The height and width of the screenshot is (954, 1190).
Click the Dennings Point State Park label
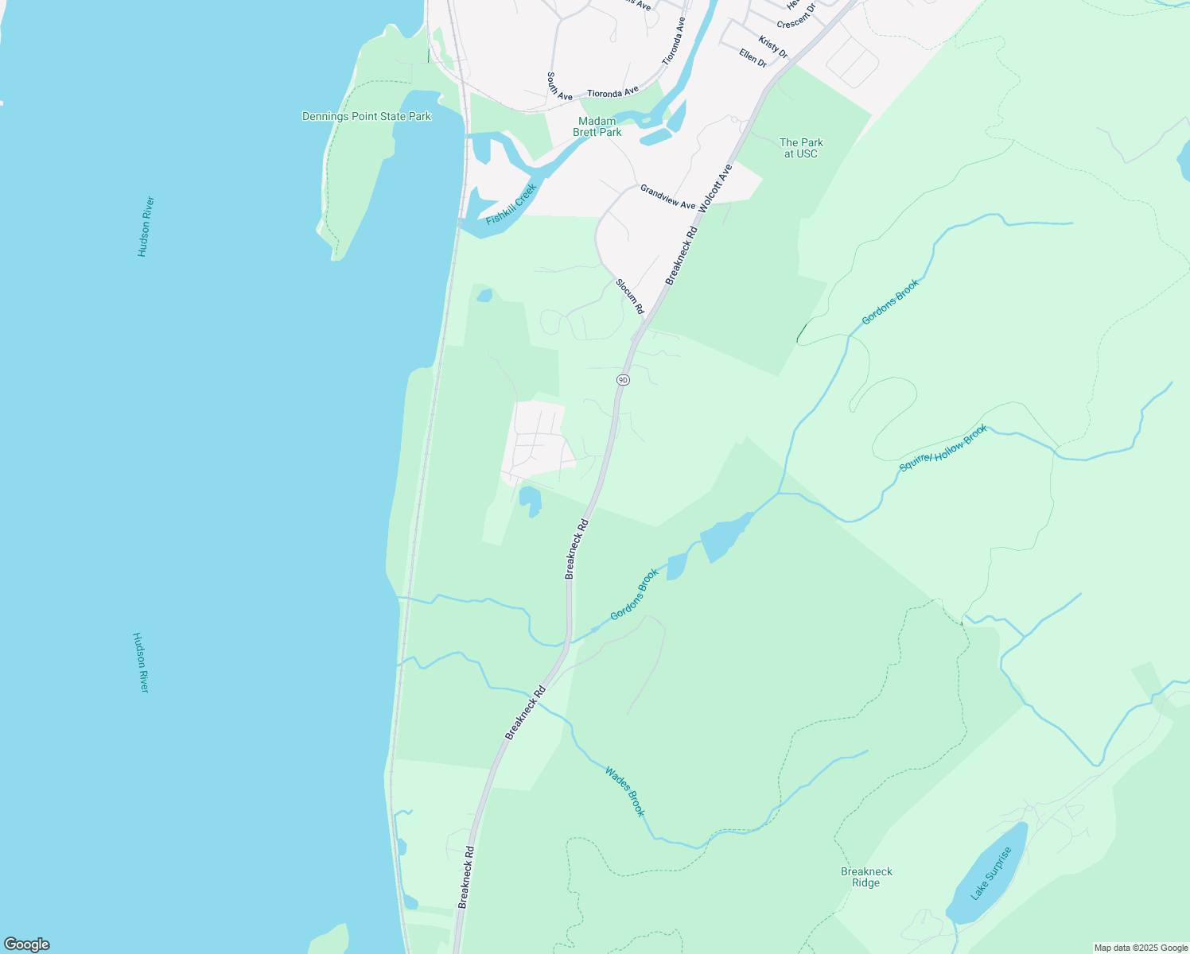(367, 117)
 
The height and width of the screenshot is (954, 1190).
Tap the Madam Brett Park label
(597, 126)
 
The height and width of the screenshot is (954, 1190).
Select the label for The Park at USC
(801, 148)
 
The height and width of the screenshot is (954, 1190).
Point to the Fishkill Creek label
(511, 204)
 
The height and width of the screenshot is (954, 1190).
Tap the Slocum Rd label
(629, 296)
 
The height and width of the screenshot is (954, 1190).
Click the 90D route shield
(623, 380)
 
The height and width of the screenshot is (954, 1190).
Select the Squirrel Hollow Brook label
(943, 448)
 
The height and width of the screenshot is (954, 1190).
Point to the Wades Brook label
(624, 791)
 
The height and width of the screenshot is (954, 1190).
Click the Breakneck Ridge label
(866, 877)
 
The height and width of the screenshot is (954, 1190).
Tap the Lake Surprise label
(991, 873)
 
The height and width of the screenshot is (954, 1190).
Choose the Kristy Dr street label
(772, 47)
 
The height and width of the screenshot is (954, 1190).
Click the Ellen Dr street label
(752, 57)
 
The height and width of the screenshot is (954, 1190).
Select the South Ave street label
(559, 87)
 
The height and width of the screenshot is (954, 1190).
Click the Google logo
(27, 944)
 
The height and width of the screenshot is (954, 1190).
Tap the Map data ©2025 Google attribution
(1140, 948)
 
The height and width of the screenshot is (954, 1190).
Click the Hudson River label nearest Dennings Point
(145, 227)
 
